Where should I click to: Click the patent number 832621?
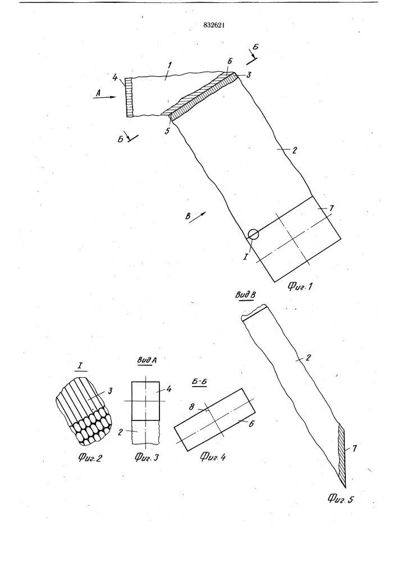click(214, 25)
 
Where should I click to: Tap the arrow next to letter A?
click(104, 97)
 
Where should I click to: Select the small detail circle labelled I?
click(253, 234)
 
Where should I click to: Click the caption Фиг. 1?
click(300, 287)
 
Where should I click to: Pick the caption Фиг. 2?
click(89, 457)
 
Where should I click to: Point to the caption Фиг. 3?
click(147, 457)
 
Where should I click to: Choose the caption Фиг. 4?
click(213, 456)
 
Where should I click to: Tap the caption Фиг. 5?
click(340, 498)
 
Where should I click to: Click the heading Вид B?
click(245, 296)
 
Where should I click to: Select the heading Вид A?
click(147, 361)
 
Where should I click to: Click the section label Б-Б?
click(200, 382)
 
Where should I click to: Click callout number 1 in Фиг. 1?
click(170, 65)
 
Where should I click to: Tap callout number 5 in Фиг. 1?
click(167, 131)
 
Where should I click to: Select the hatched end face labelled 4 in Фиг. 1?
click(130, 97)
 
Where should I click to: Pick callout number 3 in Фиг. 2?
click(110, 391)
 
